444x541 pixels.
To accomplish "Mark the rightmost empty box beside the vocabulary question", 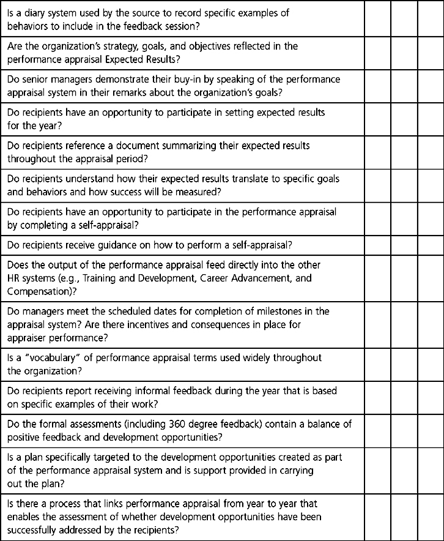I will [x=431, y=364].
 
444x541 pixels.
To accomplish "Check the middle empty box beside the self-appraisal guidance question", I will [x=404, y=245].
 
